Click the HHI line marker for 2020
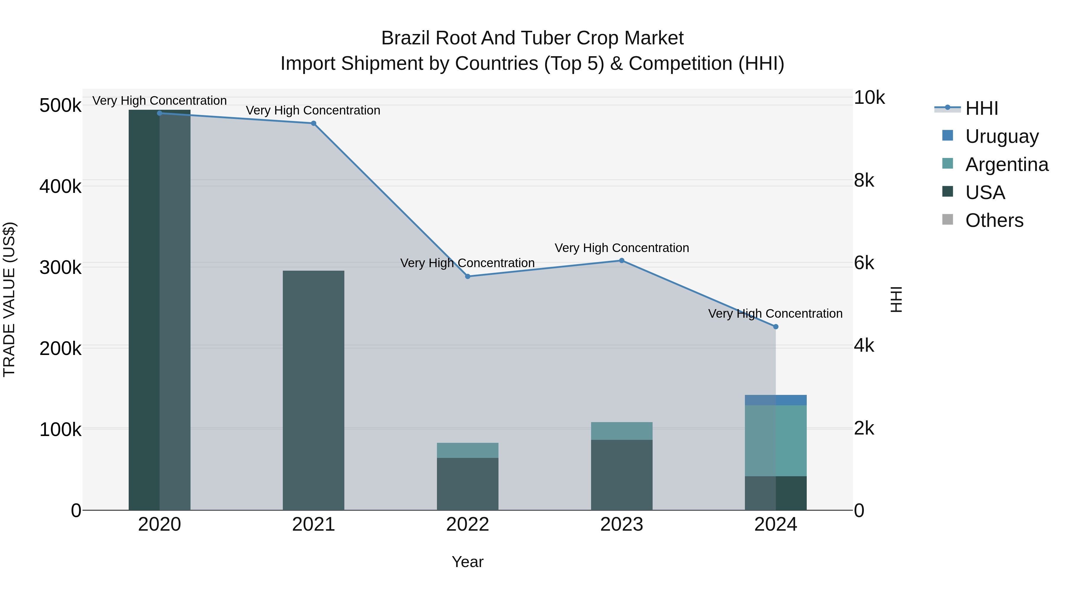[x=159, y=113]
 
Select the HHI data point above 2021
[x=313, y=123]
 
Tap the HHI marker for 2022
[x=468, y=276]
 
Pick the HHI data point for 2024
[x=776, y=327]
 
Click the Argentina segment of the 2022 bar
[x=468, y=450]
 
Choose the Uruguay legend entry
[x=1001, y=136]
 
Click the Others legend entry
[x=994, y=220]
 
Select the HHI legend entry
[x=982, y=108]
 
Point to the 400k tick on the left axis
[x=60, y=186]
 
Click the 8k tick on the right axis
[x=864, y=181]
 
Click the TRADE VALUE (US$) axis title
[x=9, y=299]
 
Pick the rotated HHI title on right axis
[x=895, y=299]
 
